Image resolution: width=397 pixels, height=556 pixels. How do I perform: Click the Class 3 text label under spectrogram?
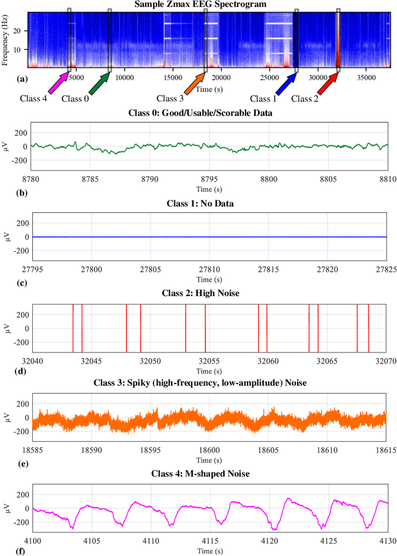pos(170,99)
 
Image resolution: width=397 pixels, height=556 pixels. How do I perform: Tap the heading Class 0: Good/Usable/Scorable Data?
pos(208,114)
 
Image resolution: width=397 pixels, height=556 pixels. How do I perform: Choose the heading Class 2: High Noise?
pos(208,294)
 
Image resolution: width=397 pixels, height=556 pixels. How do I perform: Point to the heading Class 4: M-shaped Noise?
pos(208,475)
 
